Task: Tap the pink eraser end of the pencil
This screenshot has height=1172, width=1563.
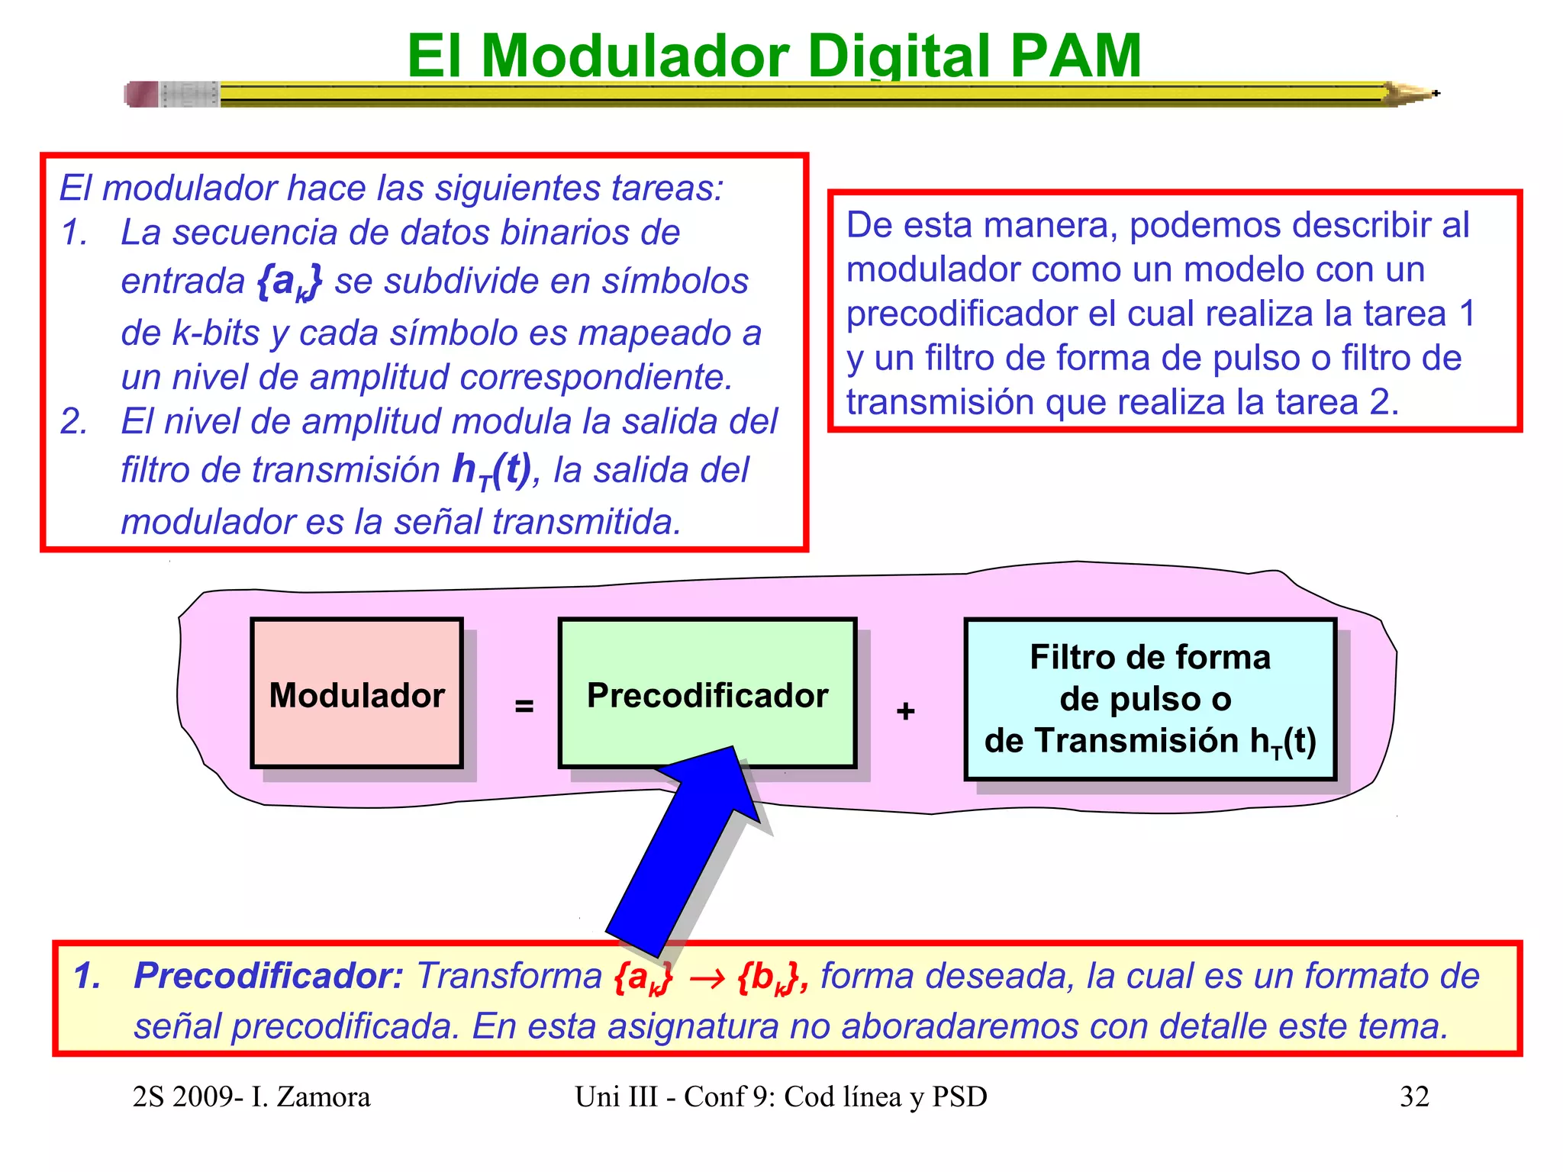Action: click(x=142, y=95)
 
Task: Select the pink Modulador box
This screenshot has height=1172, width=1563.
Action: click(x=356, y=693)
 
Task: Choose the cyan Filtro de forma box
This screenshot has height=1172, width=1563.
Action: click(x=1150, y=699)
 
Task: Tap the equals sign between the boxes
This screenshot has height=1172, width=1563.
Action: click(x=524, y=706)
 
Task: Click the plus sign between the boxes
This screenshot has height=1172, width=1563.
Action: click(x=905, y=711)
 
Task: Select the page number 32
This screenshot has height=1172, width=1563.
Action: click(x=1413, y=1096)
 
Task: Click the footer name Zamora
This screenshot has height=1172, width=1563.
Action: click(x=323, y=1097)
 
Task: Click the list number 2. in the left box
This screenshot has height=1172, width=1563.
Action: click(x=74, y=421)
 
